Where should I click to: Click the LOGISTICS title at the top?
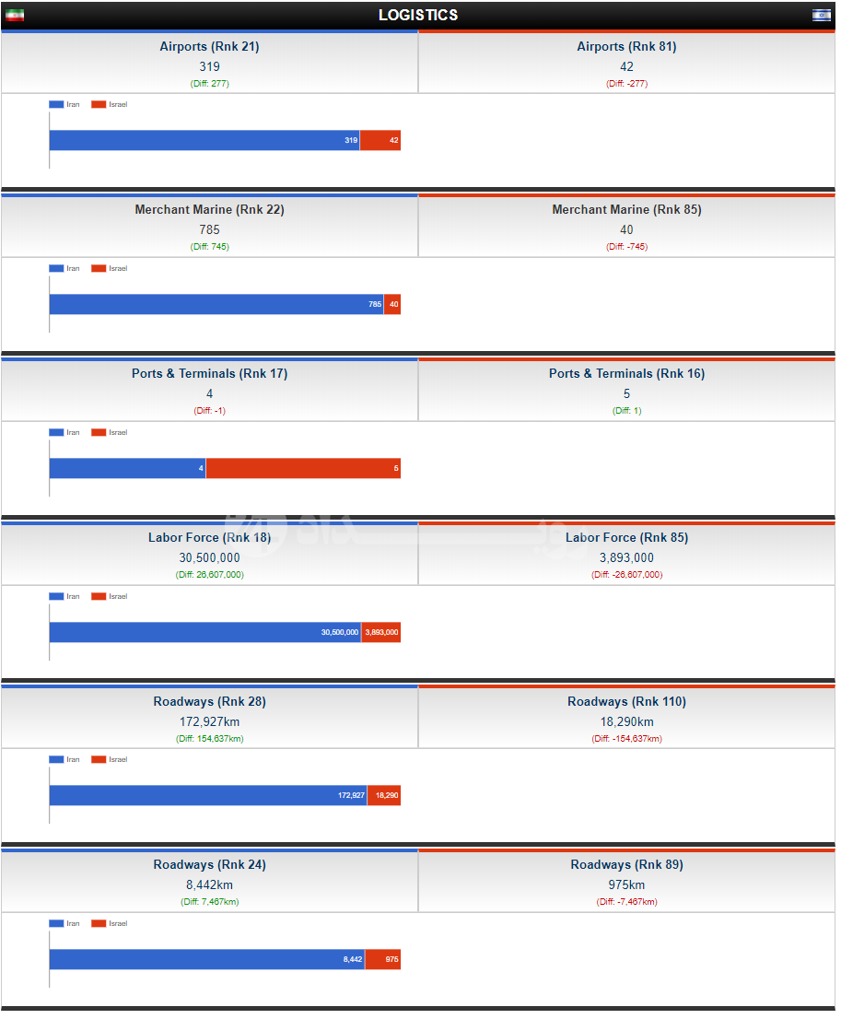coord(418,15)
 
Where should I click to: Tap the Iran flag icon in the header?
coord(15,15)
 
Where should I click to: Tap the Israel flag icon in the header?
coord(821,15)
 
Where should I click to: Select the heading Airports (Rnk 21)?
coord(209,47)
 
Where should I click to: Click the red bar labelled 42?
coord(380,140)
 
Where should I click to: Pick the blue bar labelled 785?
coord(216,304)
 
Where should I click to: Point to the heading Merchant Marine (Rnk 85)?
coord(626,210)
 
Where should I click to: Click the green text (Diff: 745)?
coord(209,247)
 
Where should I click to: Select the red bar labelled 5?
coord(303,468)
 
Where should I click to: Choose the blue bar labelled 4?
coord(127,468)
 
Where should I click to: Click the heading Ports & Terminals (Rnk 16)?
coord(626,374)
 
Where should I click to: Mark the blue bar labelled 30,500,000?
coord(204,632)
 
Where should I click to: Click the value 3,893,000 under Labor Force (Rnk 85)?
coord(626,557)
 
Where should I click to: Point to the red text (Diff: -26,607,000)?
coord(626,575)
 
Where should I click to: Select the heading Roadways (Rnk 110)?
coord(626,702)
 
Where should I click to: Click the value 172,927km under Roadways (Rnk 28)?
coord(209,721)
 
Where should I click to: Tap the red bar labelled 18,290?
coord(384,795)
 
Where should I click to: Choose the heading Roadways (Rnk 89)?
coord(626,865)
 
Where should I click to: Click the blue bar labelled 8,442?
coord(206,959)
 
